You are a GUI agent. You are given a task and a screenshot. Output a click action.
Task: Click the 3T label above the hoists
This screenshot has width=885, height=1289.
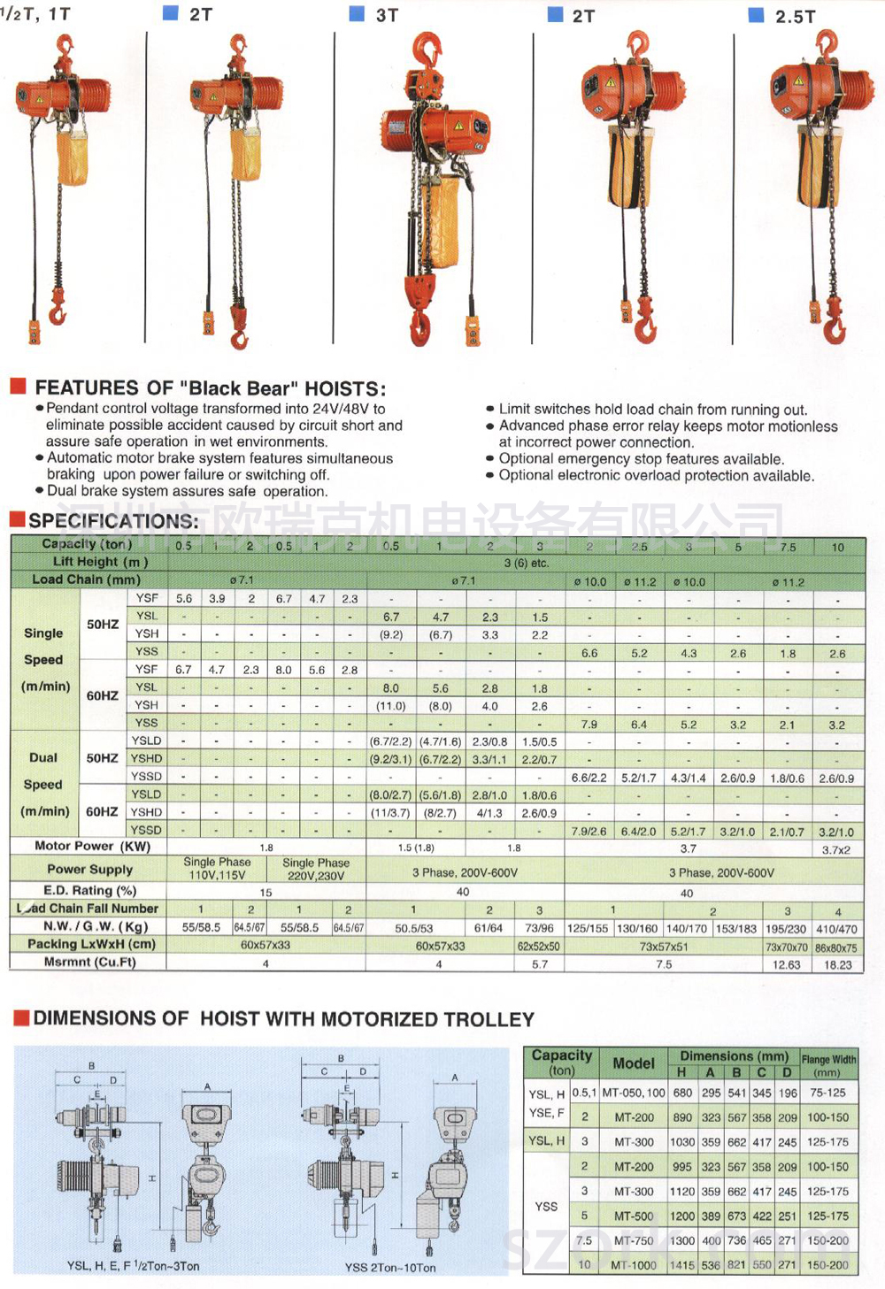pos(387,15)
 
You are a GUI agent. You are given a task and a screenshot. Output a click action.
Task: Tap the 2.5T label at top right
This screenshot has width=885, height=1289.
pos(795,16)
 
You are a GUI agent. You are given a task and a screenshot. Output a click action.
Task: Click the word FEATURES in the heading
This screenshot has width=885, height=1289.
pos(86,387)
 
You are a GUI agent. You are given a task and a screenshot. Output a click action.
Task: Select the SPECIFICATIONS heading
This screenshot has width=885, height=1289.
pos(113,520)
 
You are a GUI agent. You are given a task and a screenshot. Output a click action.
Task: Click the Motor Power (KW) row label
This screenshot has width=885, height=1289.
pos(92,847)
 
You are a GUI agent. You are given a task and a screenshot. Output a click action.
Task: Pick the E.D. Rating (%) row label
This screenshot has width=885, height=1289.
pos(89,890)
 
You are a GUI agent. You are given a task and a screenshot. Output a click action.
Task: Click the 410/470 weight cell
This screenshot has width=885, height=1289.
pos(836,929)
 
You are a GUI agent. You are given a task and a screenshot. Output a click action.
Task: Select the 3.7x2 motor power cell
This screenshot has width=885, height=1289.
pos(836,849)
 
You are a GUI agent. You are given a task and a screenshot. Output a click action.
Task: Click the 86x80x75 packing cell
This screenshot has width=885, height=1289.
pos(836,948)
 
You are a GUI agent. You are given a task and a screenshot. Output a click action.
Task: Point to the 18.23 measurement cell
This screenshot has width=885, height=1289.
pos(837,965)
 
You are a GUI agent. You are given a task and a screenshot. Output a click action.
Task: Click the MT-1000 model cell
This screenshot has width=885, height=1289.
pos(634,1265)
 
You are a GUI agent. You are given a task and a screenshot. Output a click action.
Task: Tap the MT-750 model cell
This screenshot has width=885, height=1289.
pos(634,1240)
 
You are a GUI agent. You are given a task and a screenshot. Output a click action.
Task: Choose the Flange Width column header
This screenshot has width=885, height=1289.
pos(828,1064)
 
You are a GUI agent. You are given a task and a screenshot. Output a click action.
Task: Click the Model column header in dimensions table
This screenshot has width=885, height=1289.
pos(634,1063)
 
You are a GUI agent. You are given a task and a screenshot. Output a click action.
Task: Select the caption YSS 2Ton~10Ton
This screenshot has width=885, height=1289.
pos(390,1267)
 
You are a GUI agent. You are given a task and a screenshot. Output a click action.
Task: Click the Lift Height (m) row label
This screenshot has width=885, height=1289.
pos(99,562)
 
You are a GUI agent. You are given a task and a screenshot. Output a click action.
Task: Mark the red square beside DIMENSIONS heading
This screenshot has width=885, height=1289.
pos(21,1018)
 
